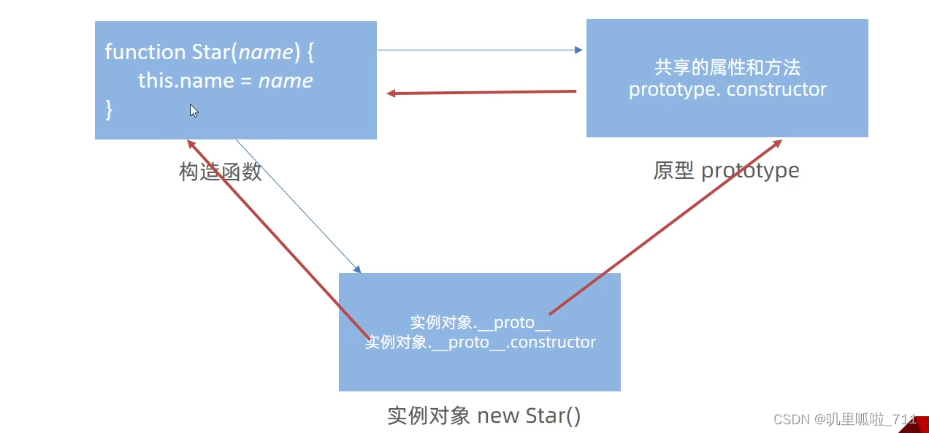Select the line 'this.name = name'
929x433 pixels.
click(x=225, y=80)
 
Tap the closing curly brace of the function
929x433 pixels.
click(x=110, y=110)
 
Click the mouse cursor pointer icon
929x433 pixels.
click(x=194, y=110)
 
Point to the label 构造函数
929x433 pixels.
click(x=220, y=172)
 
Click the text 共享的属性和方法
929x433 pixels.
click(x=727, y=68)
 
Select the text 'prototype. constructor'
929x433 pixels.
click(x=727, y=90)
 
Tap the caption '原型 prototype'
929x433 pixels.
click(x=726, y=171)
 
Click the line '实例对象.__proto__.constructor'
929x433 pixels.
click(x=480, y=342)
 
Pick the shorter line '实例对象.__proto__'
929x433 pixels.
click(x=480, y=323)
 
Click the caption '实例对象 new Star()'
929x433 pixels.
click(x=484, y=415)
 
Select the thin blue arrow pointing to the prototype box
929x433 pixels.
click(x=479, y=50)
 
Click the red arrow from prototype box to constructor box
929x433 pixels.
click(x=482, y=93)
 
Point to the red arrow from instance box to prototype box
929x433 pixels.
click(x=665, y=227)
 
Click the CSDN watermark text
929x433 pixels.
click(x=844, y=419)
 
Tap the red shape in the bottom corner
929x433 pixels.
click(x=917, y=425)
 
